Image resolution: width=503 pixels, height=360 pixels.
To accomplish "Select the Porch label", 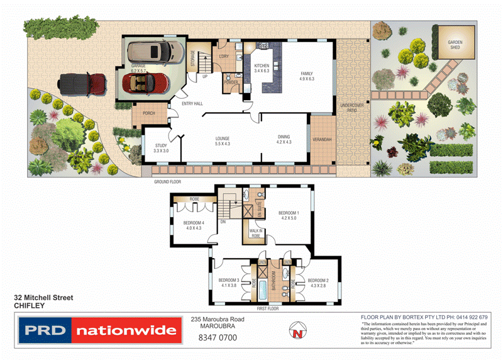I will (x=149, y=113).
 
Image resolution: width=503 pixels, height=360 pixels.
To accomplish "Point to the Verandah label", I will (x=321, y=139).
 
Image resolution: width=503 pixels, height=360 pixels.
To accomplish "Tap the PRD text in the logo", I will (x=45, y=330).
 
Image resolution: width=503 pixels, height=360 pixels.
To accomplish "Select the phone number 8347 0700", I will (x=217, y=338).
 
